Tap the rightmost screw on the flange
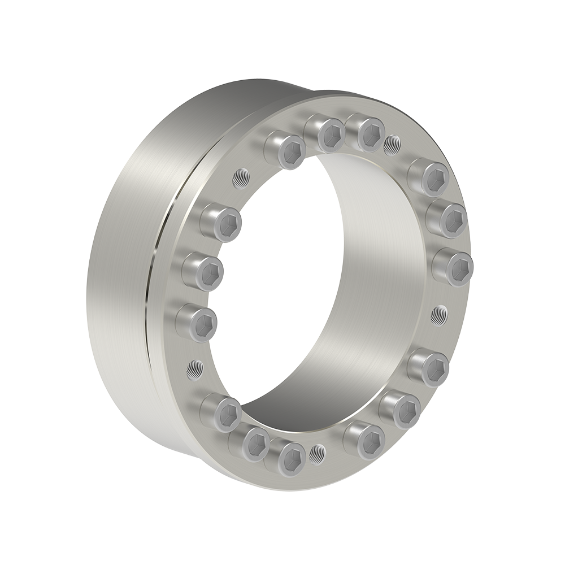(x=453, y=266)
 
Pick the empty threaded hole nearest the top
(x=392, y=145)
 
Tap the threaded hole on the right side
(x=439, y=315)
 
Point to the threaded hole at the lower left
(x=195, y=370)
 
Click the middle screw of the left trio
(x=202, y=272)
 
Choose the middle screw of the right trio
(x=446, y=219)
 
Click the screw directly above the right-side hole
(x=453, y=266)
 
